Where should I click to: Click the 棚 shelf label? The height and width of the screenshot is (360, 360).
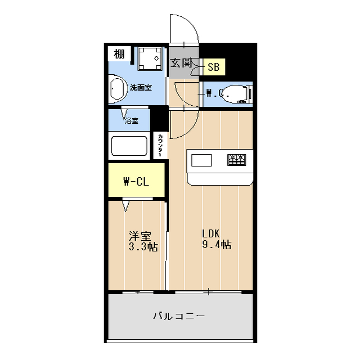(119, 54)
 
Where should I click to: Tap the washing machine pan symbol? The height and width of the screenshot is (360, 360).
(150, 59)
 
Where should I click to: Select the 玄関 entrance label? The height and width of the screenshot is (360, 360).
(181, 63)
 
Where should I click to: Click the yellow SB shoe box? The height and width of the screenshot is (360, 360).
(214, 67)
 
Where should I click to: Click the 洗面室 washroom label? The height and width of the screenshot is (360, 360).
(140, 88)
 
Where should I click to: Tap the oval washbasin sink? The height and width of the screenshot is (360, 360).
(116, 90)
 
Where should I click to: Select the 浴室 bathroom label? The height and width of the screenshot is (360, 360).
(131, 120)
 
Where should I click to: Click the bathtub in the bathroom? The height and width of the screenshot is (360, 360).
(129, 146)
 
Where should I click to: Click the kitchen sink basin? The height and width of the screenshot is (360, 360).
(201, 160)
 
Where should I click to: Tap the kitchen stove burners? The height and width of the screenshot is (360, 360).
(236, 160)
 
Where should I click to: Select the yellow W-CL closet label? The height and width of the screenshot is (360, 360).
(136, 181)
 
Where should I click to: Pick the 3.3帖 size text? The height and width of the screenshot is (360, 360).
(143, 246)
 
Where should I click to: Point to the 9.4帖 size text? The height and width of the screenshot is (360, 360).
(217, 245)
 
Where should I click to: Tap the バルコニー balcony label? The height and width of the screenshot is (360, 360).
(179, 316)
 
